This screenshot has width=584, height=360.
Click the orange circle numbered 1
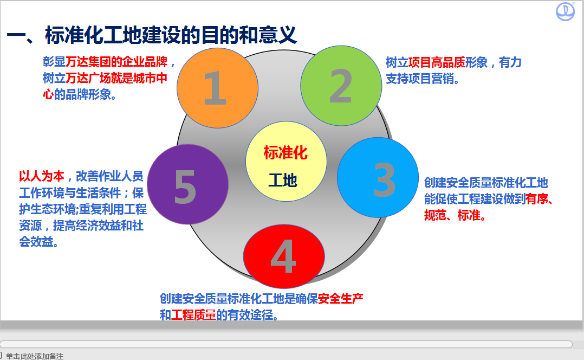[218, 88]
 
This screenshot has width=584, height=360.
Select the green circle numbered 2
[341, 86]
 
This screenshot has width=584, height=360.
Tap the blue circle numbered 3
[378, 177]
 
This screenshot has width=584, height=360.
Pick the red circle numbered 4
[284, 256]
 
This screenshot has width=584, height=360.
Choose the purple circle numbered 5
[187, 184]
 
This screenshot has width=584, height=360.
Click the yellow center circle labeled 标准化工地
[286, 162]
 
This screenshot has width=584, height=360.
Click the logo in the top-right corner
[565, 11]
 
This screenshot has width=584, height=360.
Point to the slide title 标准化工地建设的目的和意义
[171, 35]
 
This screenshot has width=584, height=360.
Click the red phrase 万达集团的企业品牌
[116, 62]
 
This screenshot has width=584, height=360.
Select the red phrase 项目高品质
[437, 62]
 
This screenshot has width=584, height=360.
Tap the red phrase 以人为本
[42, 176]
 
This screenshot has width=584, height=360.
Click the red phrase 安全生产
[341, 299]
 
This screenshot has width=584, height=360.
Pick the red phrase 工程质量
[194, 315]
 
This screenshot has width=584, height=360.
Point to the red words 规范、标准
[452, 215]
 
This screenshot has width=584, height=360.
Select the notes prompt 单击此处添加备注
[35, 356]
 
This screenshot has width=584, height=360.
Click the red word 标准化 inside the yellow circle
[285, 153]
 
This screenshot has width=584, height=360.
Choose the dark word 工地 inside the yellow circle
[283, 181]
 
